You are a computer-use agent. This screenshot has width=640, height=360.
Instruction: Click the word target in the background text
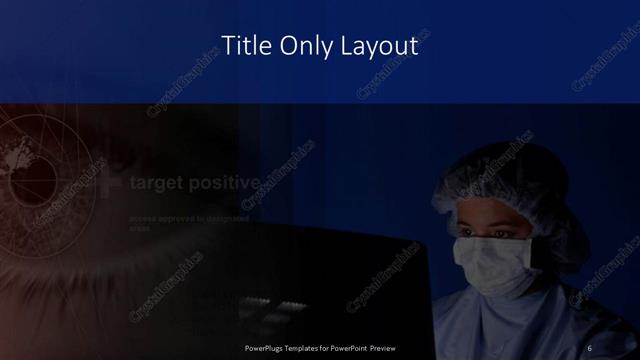(x=161, y=183)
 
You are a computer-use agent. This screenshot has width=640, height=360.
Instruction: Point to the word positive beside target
(x=229, y=183)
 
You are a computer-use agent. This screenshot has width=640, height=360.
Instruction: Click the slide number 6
(x=590, y=348)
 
